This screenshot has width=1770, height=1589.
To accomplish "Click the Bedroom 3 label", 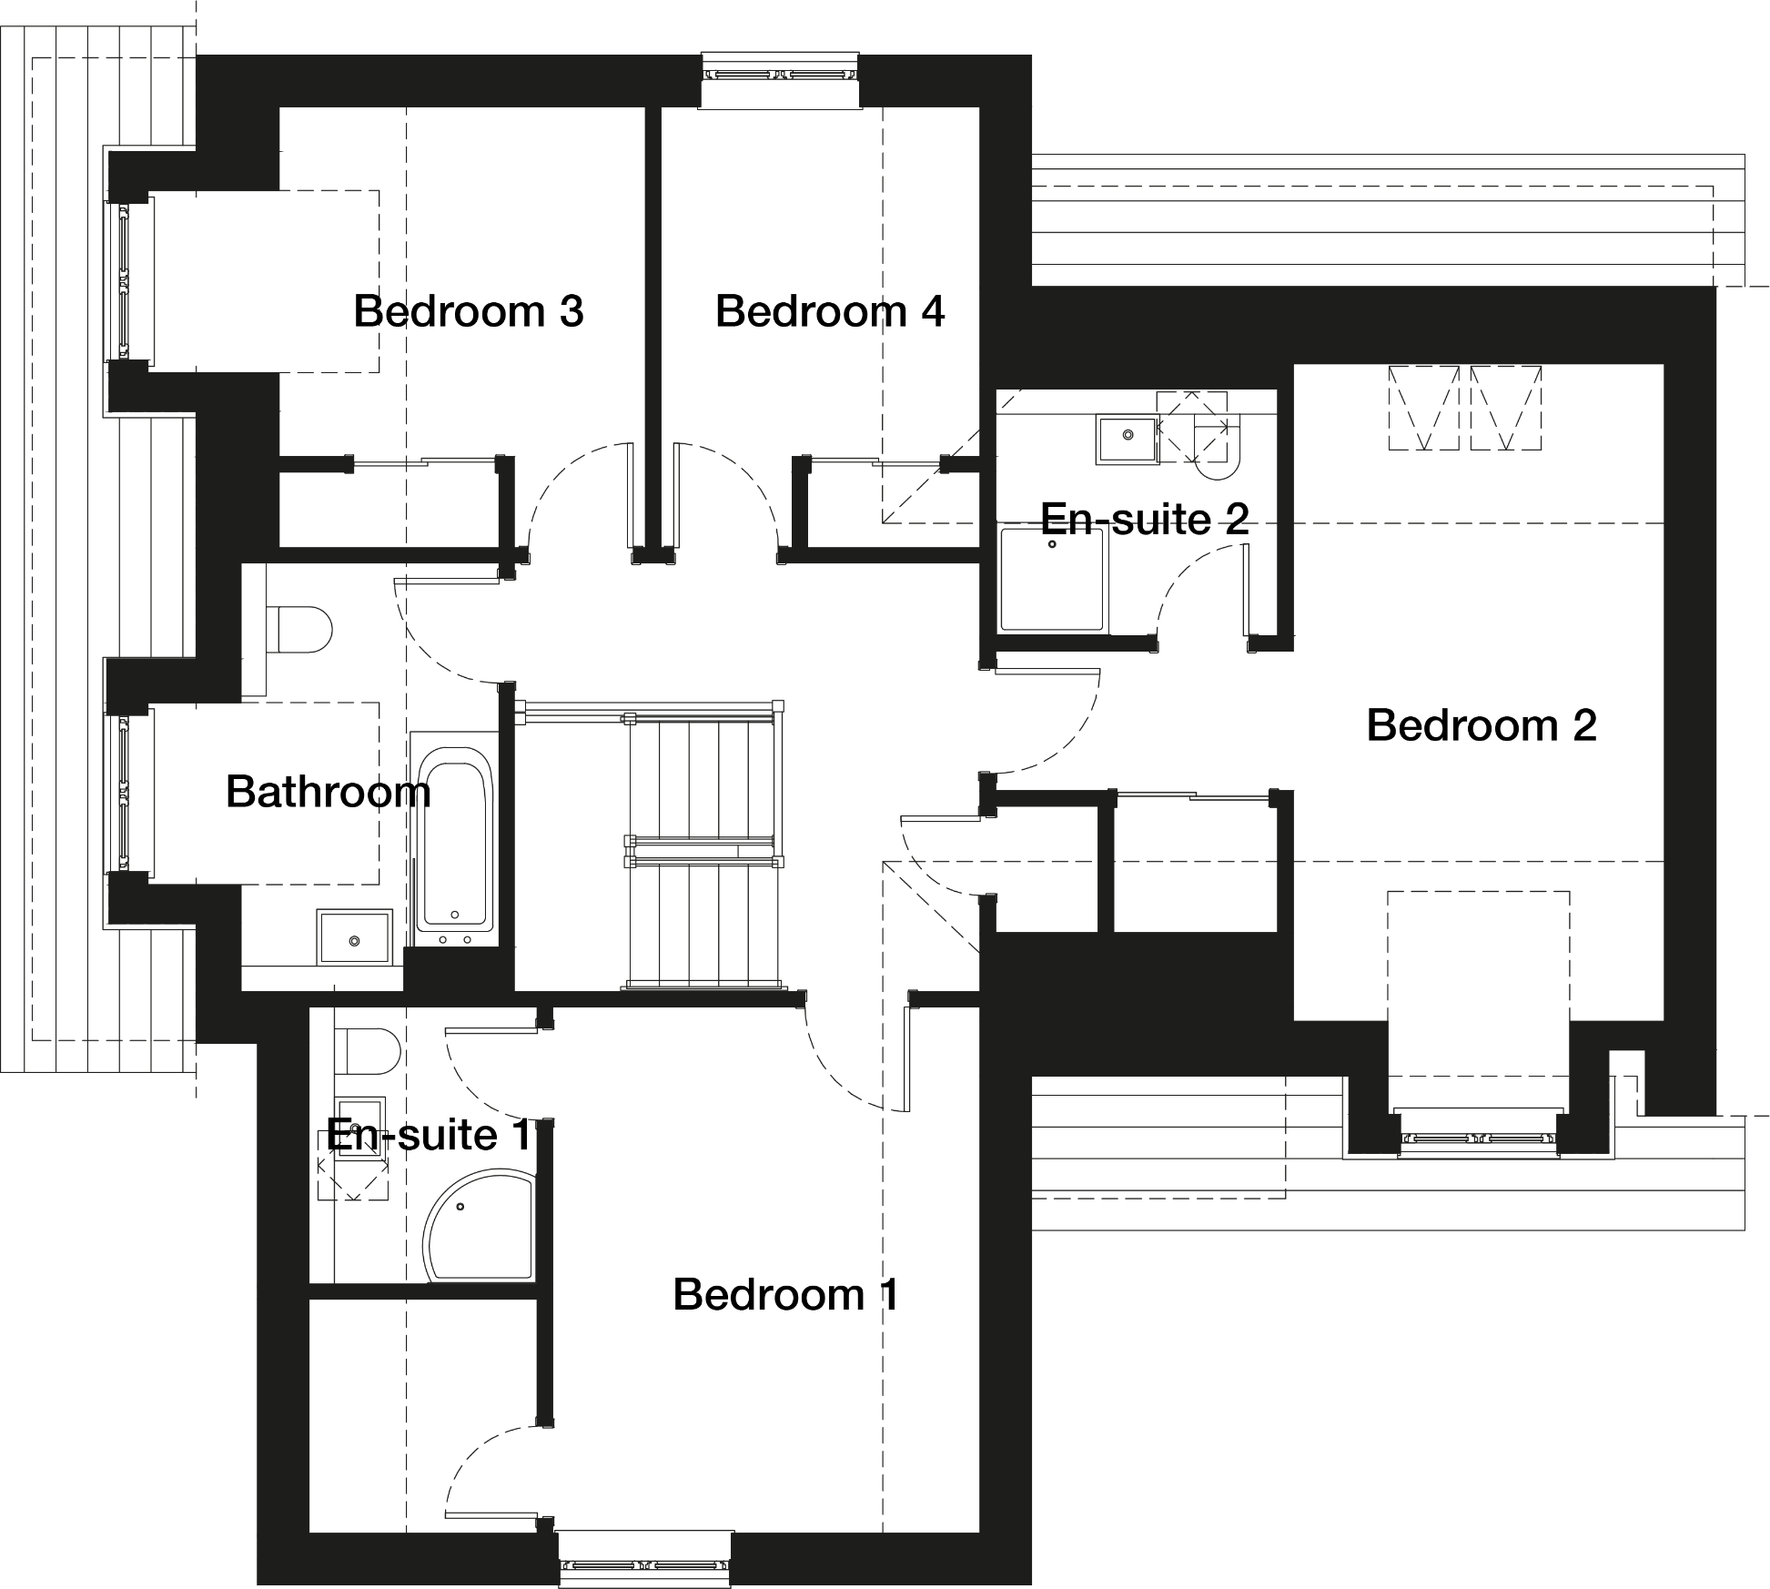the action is coord(468,311).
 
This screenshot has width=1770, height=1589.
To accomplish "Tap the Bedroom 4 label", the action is coord(830,311).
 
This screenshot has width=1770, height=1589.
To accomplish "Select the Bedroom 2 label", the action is coord(1482,725).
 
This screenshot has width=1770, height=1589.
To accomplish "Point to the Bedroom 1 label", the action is coord(786,1294).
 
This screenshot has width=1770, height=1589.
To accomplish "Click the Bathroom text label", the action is coord(328,792).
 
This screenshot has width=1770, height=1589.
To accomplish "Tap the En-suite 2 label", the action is coord(1144,519).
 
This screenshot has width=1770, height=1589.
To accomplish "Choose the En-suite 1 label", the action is coord(428,1135).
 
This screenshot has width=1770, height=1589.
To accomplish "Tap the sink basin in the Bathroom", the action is coord(354,936).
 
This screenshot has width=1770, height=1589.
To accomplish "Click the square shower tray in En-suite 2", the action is coord(1054,580).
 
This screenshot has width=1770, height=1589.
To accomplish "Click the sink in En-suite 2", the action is coord(1128,440).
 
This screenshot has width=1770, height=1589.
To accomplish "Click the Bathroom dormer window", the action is coord(124,792).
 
